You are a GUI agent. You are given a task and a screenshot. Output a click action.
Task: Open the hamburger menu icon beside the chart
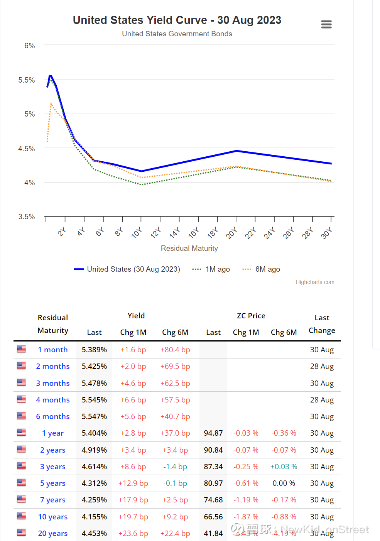click(326, 24)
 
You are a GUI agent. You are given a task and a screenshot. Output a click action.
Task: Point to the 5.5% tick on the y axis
click(27, 80)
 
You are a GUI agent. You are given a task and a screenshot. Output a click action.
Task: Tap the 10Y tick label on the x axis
click(137, 233)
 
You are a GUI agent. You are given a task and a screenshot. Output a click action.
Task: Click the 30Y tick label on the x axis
click(326, 233)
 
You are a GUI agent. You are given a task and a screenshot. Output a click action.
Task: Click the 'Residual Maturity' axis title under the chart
click(189, 248)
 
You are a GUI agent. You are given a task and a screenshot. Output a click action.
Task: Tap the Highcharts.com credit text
click(315, 282)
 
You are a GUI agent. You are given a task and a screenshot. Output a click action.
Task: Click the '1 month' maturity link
click(53, 350)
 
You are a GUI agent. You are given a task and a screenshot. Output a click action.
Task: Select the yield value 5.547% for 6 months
click(94, 416)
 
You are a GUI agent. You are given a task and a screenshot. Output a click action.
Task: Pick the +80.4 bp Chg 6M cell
click(175, 350)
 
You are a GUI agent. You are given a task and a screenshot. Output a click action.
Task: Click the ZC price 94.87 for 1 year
click(213, 433)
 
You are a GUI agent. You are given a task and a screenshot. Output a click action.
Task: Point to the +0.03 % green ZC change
click(284, 467)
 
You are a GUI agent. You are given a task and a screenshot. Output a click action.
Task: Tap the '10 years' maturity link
click(53, 517)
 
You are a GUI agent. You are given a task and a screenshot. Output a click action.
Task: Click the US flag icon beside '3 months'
click(22, 382)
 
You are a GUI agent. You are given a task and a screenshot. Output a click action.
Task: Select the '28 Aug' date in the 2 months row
click(322, 366)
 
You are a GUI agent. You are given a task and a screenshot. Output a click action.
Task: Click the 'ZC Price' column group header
click(251, 316)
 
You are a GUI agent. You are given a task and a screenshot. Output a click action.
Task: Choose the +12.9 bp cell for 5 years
click(133, 483)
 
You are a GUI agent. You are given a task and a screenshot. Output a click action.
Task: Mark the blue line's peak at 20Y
click(236, 151)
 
